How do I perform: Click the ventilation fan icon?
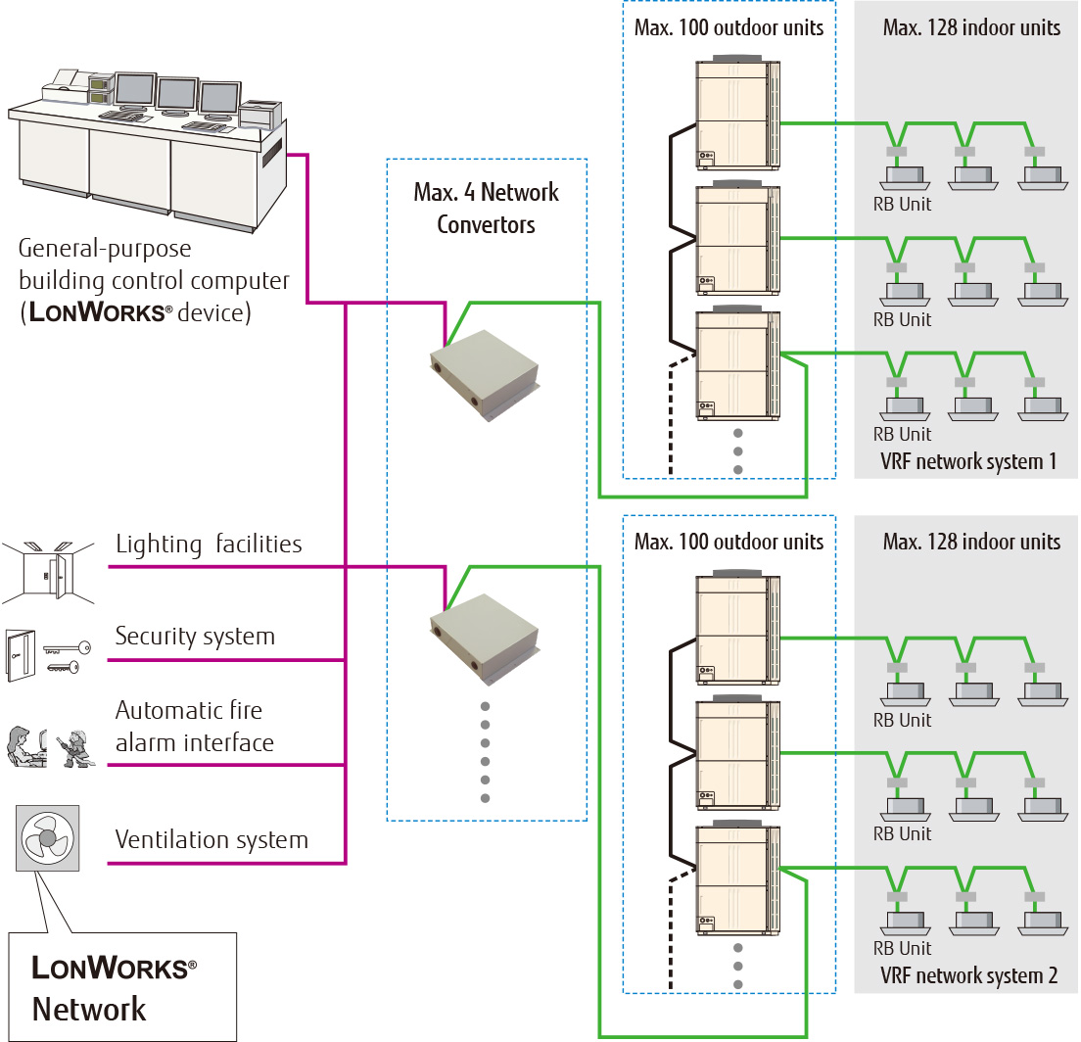(47, 838)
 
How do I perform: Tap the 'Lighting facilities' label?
(209, 544)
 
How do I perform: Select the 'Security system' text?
(195, 637)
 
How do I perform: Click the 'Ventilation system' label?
(211, 839)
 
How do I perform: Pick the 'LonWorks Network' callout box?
(122, 987)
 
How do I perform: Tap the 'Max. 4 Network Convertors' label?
(486, 208)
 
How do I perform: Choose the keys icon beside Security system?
(68, 655)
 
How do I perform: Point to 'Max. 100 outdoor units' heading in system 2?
(729, 542)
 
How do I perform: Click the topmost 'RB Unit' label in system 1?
(902, 205)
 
